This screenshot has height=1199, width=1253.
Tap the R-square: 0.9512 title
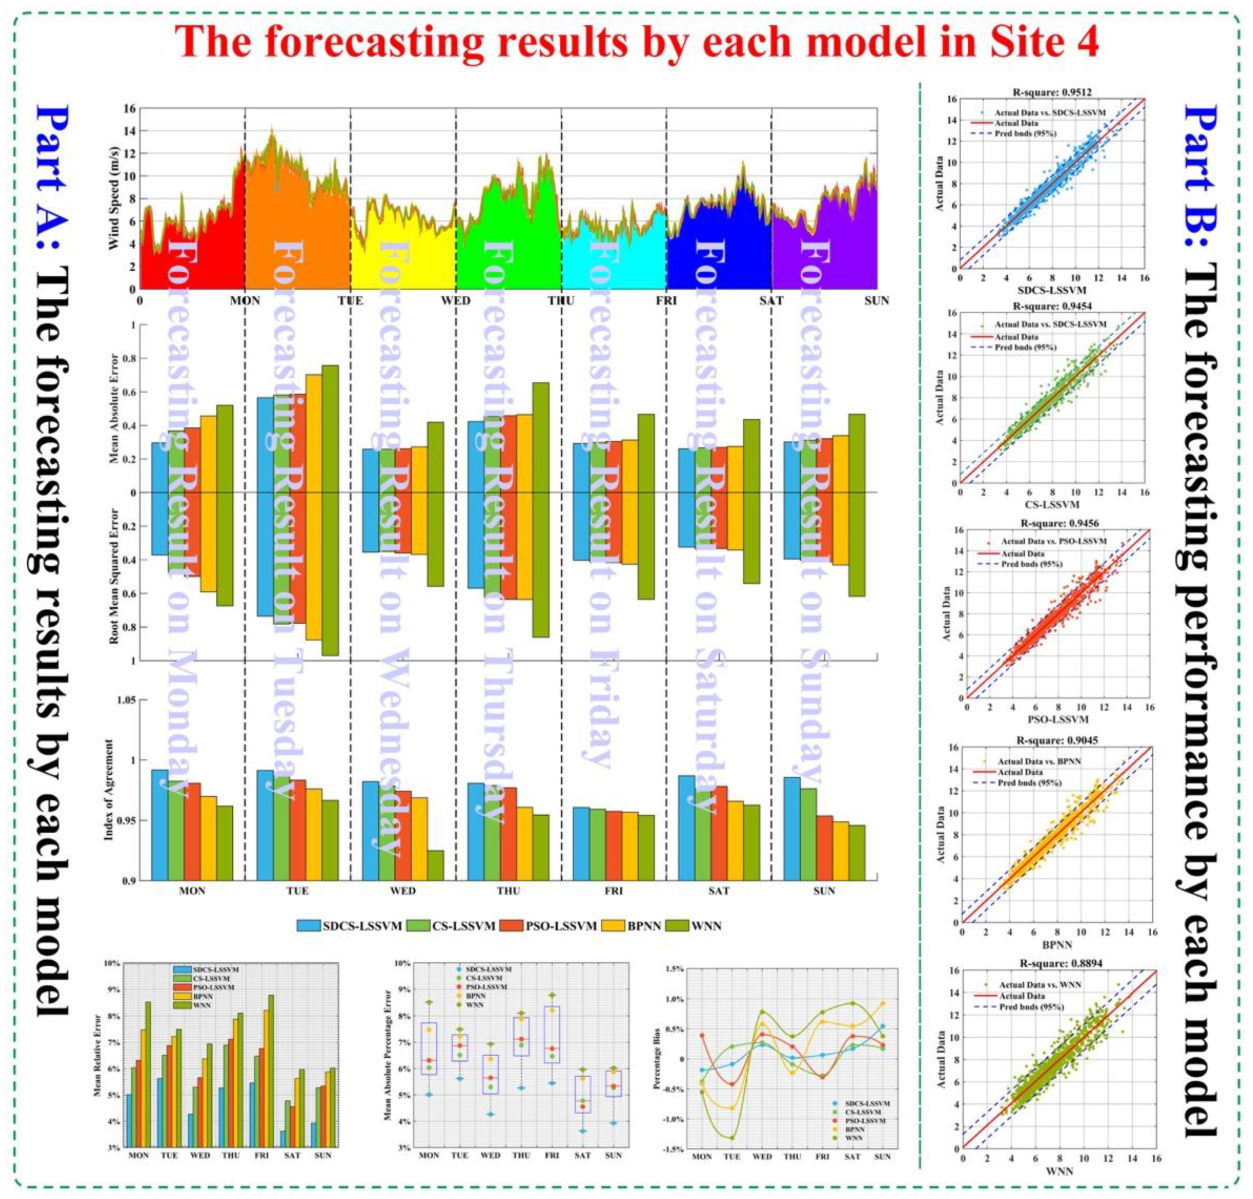click(1051, 91)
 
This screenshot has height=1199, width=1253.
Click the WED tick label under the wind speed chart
click(456, 301)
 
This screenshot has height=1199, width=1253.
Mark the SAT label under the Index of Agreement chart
click(718, 891)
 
